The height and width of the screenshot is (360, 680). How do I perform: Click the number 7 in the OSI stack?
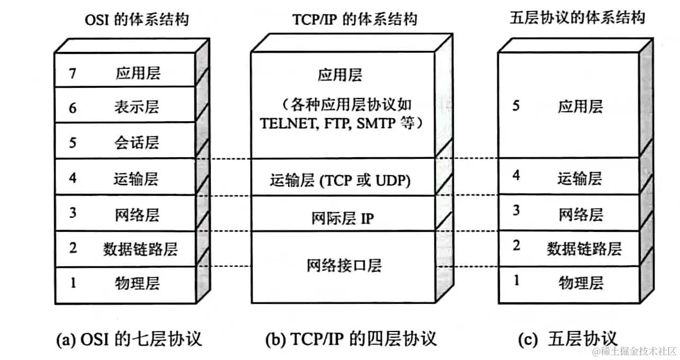pyautogui.click(x=73, y=73)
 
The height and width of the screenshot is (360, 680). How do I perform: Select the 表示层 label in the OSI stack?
pyautogui.click(x=136, y=107)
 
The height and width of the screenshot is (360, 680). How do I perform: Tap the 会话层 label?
pyautogui.click(x=136, y=142)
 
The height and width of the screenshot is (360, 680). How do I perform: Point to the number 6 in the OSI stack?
pyautogui.click(x=73, y=107)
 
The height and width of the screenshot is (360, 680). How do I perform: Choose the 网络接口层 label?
pyautogui.click(x=344, y=265)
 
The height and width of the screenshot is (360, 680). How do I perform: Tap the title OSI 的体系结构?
pyautogui.click(x=137, y=21)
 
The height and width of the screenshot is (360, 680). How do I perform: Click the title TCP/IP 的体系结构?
pyautogui.click(x=355, y=20)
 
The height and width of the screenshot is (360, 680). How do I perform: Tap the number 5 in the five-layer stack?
pyautogui.click(x=516, y=106)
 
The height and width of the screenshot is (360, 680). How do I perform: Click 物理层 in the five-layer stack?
pyautogui.click(x=580, y=283)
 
